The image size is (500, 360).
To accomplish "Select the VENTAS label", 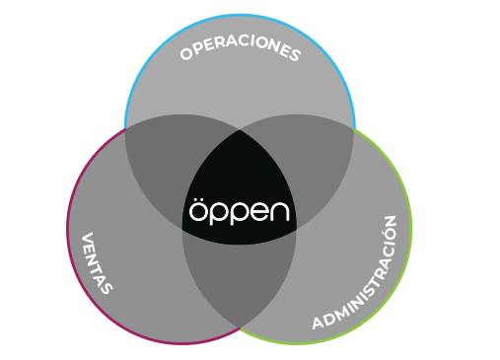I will point(97,262).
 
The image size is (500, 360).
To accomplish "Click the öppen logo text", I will point(240,211).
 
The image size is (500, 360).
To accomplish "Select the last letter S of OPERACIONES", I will point(295,56).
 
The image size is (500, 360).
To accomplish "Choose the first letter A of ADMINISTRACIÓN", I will point(318,324).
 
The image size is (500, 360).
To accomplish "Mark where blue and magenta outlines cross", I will point(126,128).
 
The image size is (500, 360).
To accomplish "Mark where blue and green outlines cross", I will point(354,128).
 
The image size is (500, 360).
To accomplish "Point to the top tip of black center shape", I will point(240,128).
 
